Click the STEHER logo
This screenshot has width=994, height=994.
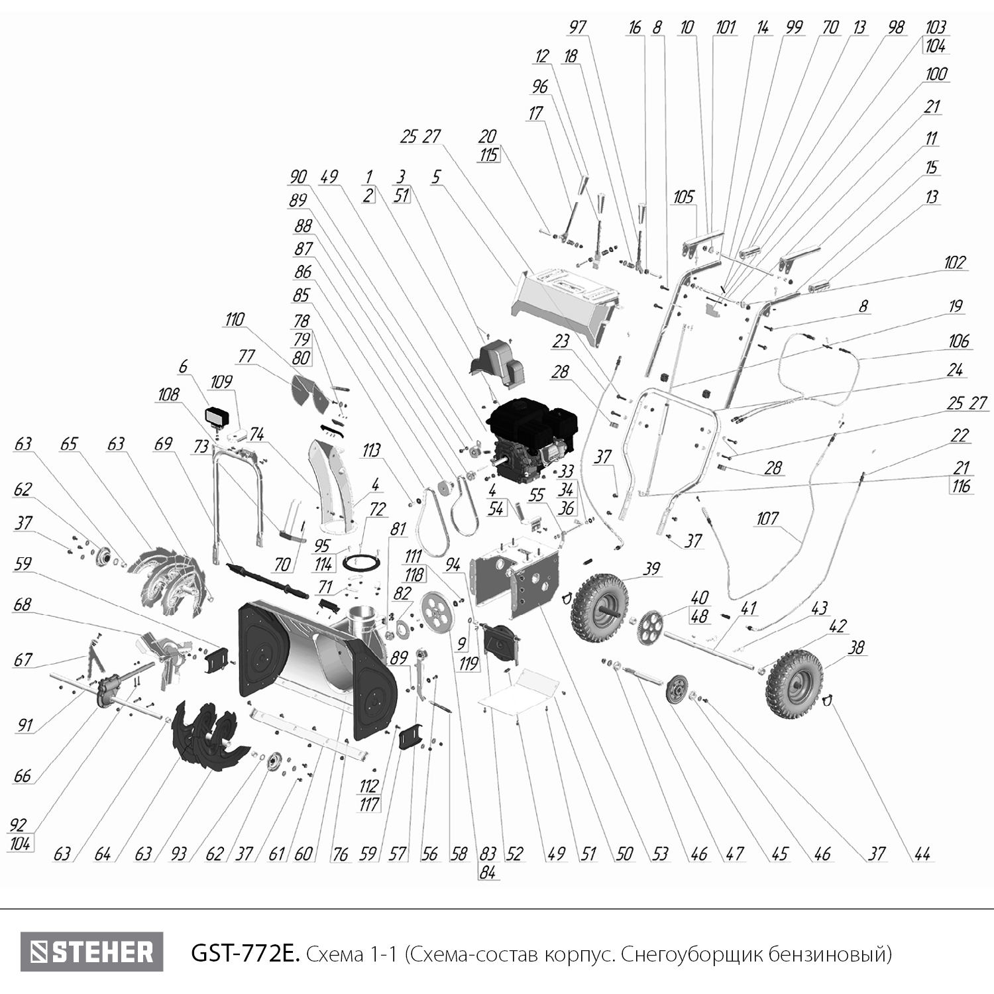pos(91,952)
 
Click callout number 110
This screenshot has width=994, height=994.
pos(234,320)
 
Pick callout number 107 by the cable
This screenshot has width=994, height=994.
pos(767,518)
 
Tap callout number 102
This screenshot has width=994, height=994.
pos(954,262)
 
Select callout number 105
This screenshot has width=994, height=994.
pos(683,197)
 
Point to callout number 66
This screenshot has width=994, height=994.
pos(22,775)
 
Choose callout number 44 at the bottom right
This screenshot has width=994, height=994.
pos(922,854)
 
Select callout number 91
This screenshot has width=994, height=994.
pos(25,725)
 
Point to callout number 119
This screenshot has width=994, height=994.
pos(469,663)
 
